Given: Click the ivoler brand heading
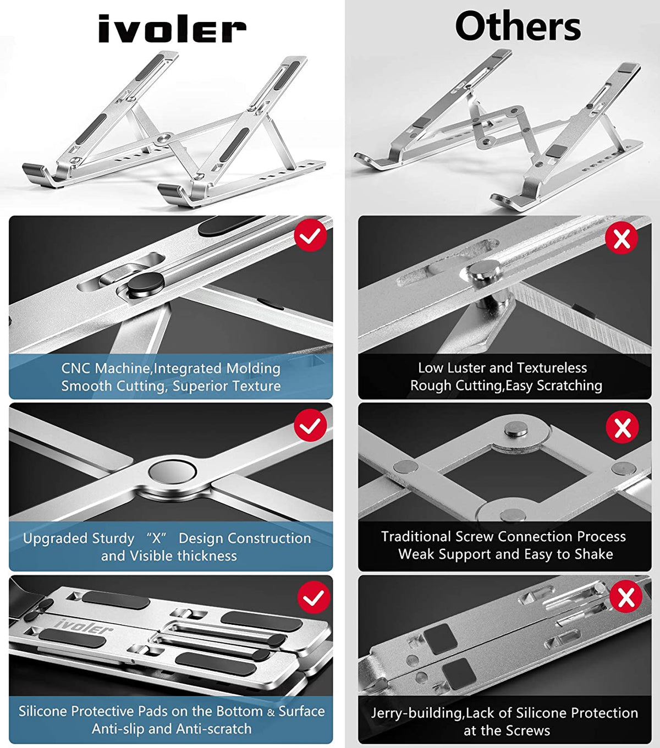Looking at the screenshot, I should (x=172, y=29).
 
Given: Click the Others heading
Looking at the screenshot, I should (x=518, y=26).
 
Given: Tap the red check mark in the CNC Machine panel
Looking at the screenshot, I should (x=311, y=235).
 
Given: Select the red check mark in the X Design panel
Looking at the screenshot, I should (x=311, y=425).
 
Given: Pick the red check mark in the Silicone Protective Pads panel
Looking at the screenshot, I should (x=313, y=598).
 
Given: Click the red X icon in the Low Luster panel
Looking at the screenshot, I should (x=621, y=238).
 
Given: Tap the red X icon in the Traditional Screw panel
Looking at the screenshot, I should (x=622, y=427).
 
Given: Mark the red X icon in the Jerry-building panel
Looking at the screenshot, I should (x=626, y=597).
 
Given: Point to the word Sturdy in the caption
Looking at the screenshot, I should (x=113, y=538).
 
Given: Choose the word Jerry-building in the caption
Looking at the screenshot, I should (x=417, y=713).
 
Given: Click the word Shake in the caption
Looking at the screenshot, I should (x=593, y=554).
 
